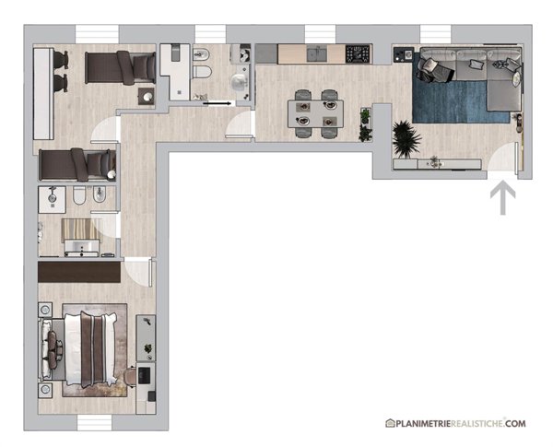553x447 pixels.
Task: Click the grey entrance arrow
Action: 502,198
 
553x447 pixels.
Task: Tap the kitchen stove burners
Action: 358,54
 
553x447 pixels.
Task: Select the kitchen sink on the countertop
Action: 317,54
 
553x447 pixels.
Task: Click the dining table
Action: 315,113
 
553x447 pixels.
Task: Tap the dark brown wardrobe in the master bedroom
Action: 79,272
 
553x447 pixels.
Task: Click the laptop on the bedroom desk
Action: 144,375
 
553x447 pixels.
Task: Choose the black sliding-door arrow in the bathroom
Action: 217,103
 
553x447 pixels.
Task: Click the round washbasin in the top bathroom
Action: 239,83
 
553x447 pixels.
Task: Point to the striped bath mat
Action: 81,229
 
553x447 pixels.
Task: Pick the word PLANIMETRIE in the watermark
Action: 423,423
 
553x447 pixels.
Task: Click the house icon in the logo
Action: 390,423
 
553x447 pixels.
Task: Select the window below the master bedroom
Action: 95,423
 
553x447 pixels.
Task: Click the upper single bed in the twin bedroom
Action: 120,67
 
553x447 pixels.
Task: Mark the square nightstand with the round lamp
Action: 147,97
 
